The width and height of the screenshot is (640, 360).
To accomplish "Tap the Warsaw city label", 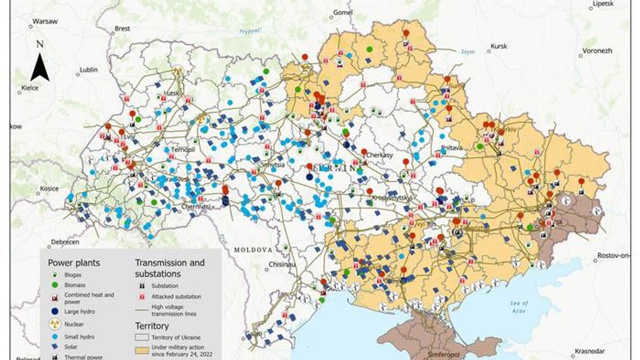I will click(44, 22).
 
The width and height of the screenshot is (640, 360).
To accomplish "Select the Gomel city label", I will click(343, 12).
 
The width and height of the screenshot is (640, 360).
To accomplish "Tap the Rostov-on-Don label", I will click(618, 255).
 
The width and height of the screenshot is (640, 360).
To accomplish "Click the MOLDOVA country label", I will click(253, 250).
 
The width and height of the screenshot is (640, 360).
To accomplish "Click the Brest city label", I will click(122, 28).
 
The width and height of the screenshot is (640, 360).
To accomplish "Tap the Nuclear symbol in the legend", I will click(53, 324).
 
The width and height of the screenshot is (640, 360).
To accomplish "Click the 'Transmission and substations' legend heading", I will click(170, 268).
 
